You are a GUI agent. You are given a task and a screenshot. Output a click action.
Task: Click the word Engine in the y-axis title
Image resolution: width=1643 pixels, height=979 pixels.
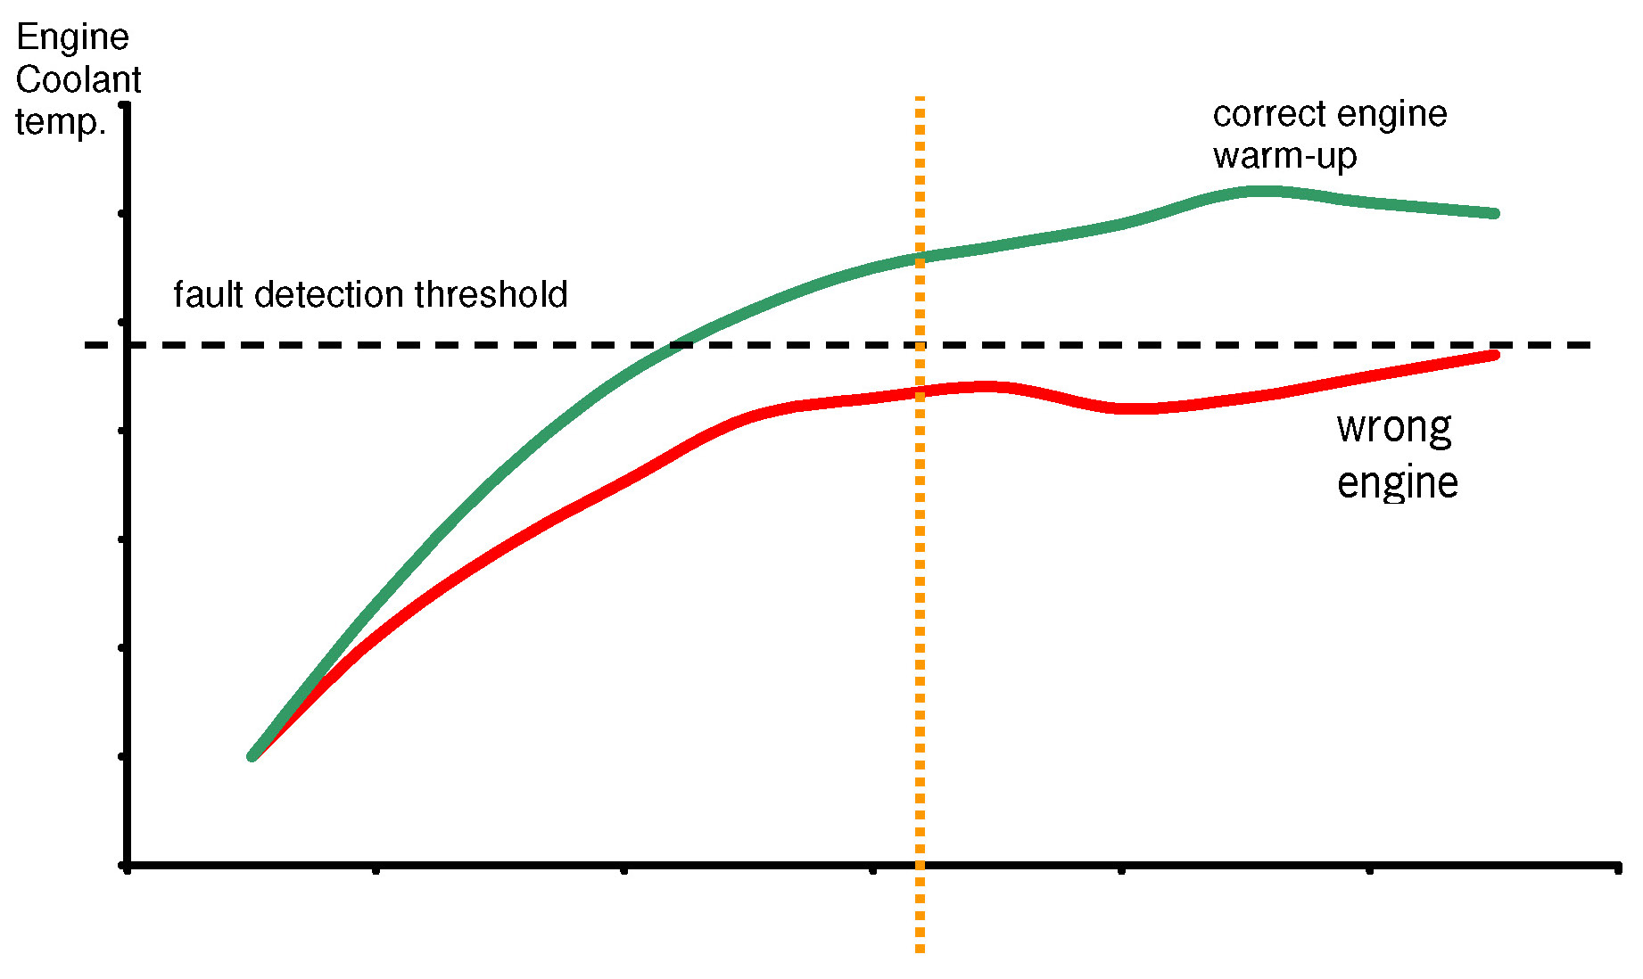click(x=72, y=38)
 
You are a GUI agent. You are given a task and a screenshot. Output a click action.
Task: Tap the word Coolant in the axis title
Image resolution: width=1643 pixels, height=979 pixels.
click(x=78, y=80)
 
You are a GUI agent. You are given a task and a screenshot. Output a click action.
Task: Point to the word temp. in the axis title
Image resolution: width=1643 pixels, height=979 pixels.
click(x=61, y=122)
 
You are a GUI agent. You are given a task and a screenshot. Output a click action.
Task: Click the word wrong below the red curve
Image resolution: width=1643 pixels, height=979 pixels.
click(x=1394, y=429)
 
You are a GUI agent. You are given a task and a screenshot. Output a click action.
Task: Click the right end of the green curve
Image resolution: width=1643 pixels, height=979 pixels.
click(x=1496, y=213)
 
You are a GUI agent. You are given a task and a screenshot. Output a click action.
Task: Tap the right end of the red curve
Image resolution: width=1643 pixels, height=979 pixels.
click(x=1496, y=355)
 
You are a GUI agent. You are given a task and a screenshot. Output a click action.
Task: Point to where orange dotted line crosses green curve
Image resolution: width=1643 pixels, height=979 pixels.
click(x=920, y=258)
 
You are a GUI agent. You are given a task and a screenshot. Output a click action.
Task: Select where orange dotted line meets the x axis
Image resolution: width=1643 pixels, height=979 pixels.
click(x=920, y=865)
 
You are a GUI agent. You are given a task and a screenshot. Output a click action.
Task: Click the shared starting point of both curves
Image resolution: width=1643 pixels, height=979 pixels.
click(x=252, y=756)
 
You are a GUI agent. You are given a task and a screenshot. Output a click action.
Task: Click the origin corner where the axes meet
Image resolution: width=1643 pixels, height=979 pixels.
click(x=127, y=865)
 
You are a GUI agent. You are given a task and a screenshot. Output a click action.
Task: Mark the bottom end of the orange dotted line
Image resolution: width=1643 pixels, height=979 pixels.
click(x=920, y=950)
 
